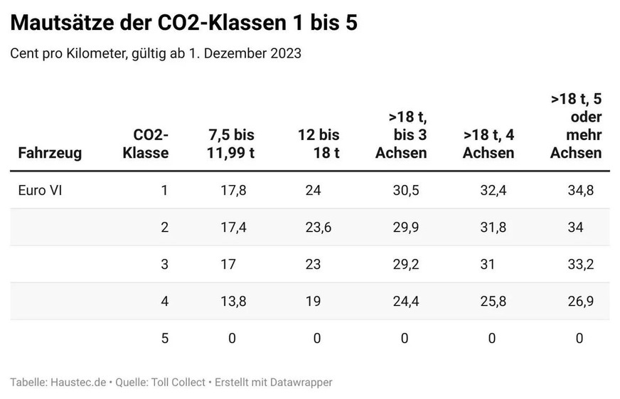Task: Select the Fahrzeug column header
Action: [50, 152]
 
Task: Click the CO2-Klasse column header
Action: [146, 144]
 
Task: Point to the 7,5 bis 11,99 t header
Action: [232, 144]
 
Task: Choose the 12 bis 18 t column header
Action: [319, 144]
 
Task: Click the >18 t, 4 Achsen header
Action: [488, 144]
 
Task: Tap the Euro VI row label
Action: [36, 190]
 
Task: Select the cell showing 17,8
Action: [232, 190]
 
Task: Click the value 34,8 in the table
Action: [579, 190]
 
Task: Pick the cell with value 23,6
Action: [317, 228]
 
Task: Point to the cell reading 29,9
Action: [407, 228]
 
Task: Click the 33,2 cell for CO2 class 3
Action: [579, 265]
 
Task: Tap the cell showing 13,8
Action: [232, 302]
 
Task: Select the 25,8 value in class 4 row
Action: [492, 302]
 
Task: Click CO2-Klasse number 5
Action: [164, 339]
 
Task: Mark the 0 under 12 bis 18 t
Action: [317, 339]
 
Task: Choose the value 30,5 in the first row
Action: [407, 190]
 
